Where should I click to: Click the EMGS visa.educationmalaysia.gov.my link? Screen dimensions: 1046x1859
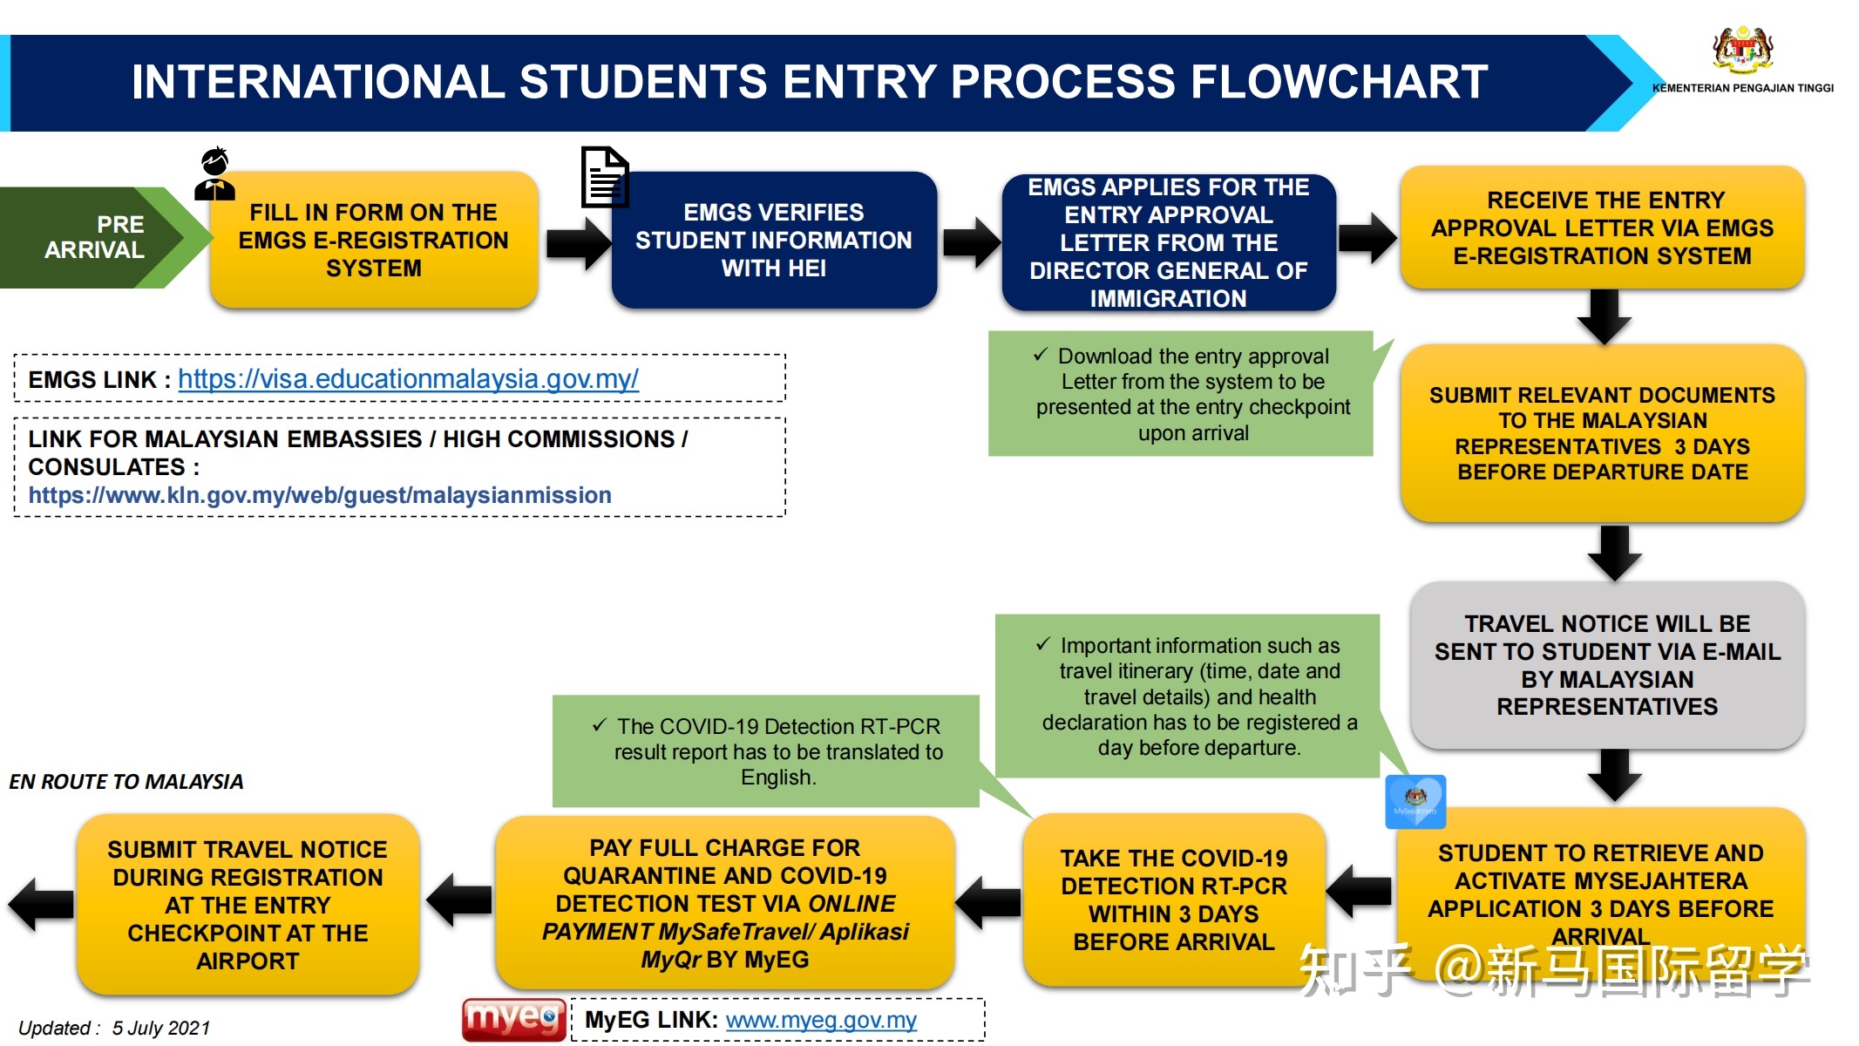pos(408,379)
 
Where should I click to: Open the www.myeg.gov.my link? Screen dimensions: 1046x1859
pos(820,1020)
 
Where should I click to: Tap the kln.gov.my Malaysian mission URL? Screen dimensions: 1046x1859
pos(320,495)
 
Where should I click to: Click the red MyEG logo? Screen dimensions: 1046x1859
pos(513,1019)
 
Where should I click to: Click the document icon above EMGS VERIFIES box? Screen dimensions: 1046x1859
pos(605,177)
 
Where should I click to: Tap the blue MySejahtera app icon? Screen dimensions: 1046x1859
pos(1415,801)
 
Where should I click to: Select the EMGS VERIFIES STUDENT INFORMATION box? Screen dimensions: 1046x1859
pos(774,240)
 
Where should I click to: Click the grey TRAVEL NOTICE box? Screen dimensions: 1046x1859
pos(1607,664)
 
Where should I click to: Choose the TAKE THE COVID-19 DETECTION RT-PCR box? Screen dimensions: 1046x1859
pos(1174,900)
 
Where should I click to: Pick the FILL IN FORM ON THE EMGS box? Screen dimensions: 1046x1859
pos(373,240)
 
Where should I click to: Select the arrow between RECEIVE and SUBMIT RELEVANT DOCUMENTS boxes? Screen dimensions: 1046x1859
pos(1604,316)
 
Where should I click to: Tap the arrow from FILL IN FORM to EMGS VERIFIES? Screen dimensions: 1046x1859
pos(577,243)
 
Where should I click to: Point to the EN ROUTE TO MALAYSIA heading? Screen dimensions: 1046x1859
pos(126,782)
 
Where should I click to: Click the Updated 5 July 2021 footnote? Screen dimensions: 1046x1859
pos(114,1029)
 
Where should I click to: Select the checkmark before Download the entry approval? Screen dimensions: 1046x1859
pos(1040,355)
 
